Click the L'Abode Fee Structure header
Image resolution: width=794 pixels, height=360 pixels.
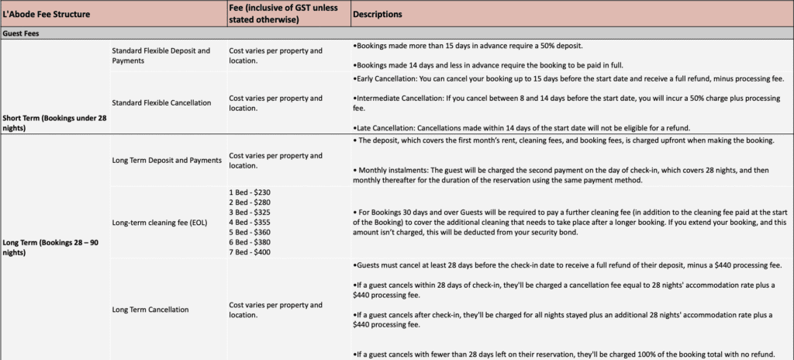47,14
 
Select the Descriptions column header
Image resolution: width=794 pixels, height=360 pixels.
377,14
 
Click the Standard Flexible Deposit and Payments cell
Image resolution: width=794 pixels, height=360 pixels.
161,55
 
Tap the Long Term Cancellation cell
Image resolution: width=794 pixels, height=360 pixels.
150,310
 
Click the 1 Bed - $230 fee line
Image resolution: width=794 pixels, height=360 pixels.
250,192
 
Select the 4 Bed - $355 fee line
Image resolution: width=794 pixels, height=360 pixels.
250,222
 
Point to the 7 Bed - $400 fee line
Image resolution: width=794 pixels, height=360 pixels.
250,252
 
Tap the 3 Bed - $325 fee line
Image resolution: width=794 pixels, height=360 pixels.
250,212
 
